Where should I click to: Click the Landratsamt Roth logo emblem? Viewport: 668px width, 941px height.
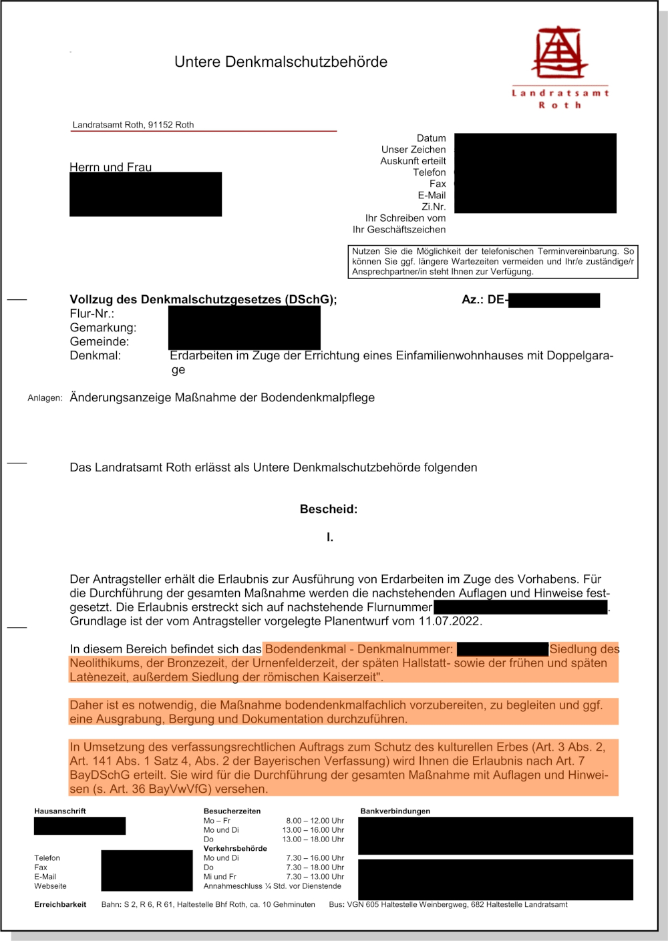pyautogui.click(x=559, y=53)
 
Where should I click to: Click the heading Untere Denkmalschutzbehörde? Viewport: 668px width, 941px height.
pyautogui.click(x=281, y=62)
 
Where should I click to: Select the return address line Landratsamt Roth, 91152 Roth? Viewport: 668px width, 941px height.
pyautogui.click(x=133, y=125)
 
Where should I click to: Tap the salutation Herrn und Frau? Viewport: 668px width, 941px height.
pyautogui.click(x=110, y=167)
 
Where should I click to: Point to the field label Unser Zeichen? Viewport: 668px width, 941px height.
pyautogui.click(x=413, y=150)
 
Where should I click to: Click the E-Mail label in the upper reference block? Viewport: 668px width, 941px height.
pyautogui.click(x=432, y=195)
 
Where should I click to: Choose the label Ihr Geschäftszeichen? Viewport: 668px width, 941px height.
pyautogui.click(x=399, y=230)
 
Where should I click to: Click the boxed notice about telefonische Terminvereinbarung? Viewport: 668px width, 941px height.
pyautogui.click(x=492, y=261)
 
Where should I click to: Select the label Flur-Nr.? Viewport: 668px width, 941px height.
pyautogui.click(x=92, y=314)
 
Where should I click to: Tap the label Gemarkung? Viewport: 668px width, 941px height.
pyautogui.click(x=103, y=328)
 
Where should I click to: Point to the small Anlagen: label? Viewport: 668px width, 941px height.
pyautogui.click(x=45, y=398)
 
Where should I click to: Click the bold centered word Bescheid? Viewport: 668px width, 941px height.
pyautogui.click(x=329, y=509)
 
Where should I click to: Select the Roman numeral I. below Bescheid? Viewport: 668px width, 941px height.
pyautogui.click(x=330, y=537)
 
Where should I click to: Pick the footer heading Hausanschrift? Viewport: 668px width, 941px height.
pyautogui.click(x=60, y=811)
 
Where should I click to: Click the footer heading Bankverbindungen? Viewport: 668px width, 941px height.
pyautogui.click(x=395, y=811)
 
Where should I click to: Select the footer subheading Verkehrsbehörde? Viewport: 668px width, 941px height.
pyautogui.click(x=235, y=849)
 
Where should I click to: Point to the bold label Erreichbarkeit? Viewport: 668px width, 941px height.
pyautogui.click(x=60, y=905)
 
